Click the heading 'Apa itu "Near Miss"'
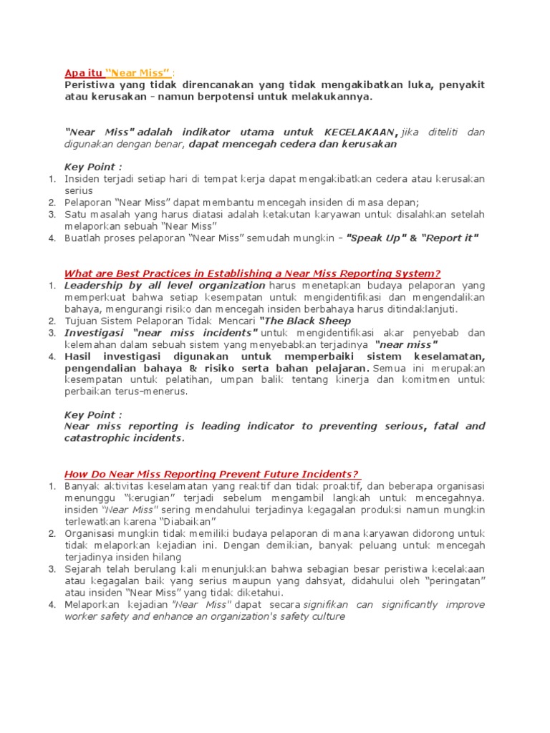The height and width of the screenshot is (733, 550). [118, 72]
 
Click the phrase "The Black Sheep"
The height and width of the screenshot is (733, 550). [305, 321]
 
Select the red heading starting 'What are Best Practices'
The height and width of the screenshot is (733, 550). [252, 273]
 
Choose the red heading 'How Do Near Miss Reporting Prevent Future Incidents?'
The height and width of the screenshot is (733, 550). [212, 474]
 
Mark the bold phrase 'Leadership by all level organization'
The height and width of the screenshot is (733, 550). [165, 286]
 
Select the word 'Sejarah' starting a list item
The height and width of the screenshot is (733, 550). [84, 568]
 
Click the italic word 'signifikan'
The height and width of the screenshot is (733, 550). [327, 604]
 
